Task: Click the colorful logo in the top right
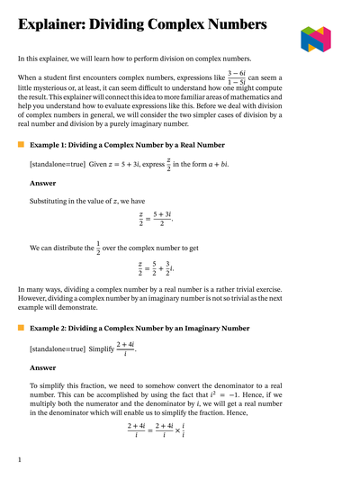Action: pyautogui.click(x=316, y=39)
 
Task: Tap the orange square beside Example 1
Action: pyautogui.click(x=22, y=144)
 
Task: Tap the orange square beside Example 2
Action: pyautogui.click(x=22, y=329)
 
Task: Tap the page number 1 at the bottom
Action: pyautogui.click(x=19, y=460)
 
